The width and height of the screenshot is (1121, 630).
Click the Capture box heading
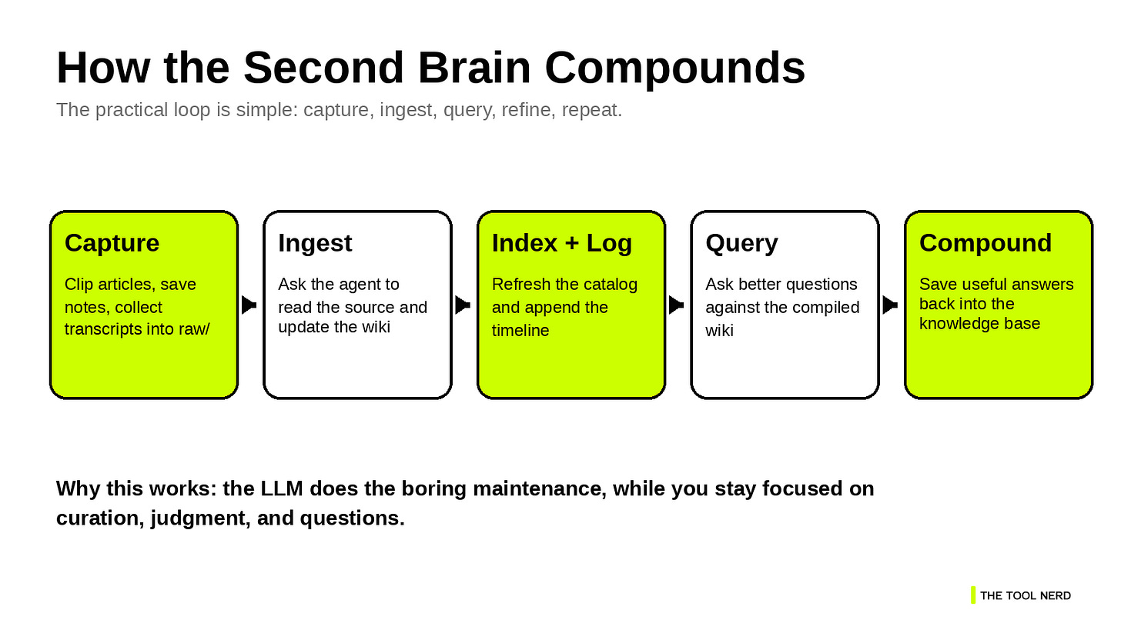112,243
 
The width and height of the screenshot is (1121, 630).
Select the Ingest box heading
315,243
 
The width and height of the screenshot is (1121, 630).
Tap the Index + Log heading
561,243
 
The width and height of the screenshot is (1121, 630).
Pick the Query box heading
741,243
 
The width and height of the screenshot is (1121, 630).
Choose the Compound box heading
985,243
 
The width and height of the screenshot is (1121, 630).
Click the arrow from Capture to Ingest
249,305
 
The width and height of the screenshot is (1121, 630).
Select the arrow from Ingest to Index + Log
463,305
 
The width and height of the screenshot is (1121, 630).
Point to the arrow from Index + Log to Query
676,305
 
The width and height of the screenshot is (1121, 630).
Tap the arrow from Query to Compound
890,305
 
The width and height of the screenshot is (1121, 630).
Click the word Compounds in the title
674,68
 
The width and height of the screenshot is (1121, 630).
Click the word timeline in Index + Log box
520,331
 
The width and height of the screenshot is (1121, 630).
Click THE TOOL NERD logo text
1025,595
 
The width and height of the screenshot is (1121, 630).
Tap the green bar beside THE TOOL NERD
973,595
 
